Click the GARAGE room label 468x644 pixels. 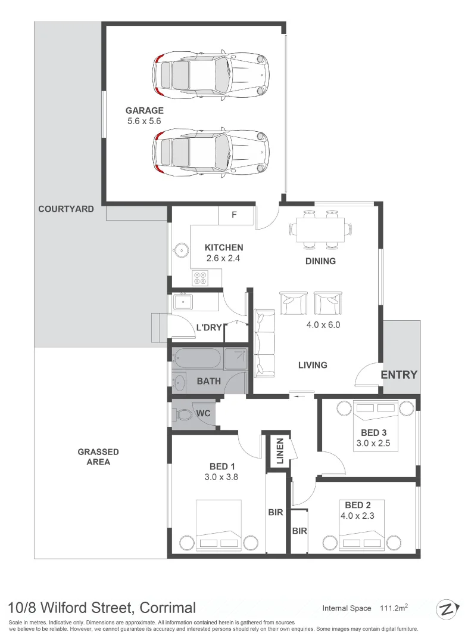(x=144, y=110)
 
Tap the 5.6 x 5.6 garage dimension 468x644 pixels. (x=144, y=121)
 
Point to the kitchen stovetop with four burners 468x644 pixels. (x=199, y=277)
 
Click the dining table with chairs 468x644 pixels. (x=320, y=228)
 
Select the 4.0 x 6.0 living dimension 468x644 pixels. (x=323, y=325)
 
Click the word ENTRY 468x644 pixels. (x=399, y=374)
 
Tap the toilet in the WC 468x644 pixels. (x=183, y=414)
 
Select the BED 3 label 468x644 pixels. (x=374, y=432)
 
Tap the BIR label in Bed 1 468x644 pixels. (x=276, y=512)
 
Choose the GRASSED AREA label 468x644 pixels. (x=98, y=457)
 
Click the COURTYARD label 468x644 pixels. (x=66, y=209)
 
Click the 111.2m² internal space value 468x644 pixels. (x=394, y=608)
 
